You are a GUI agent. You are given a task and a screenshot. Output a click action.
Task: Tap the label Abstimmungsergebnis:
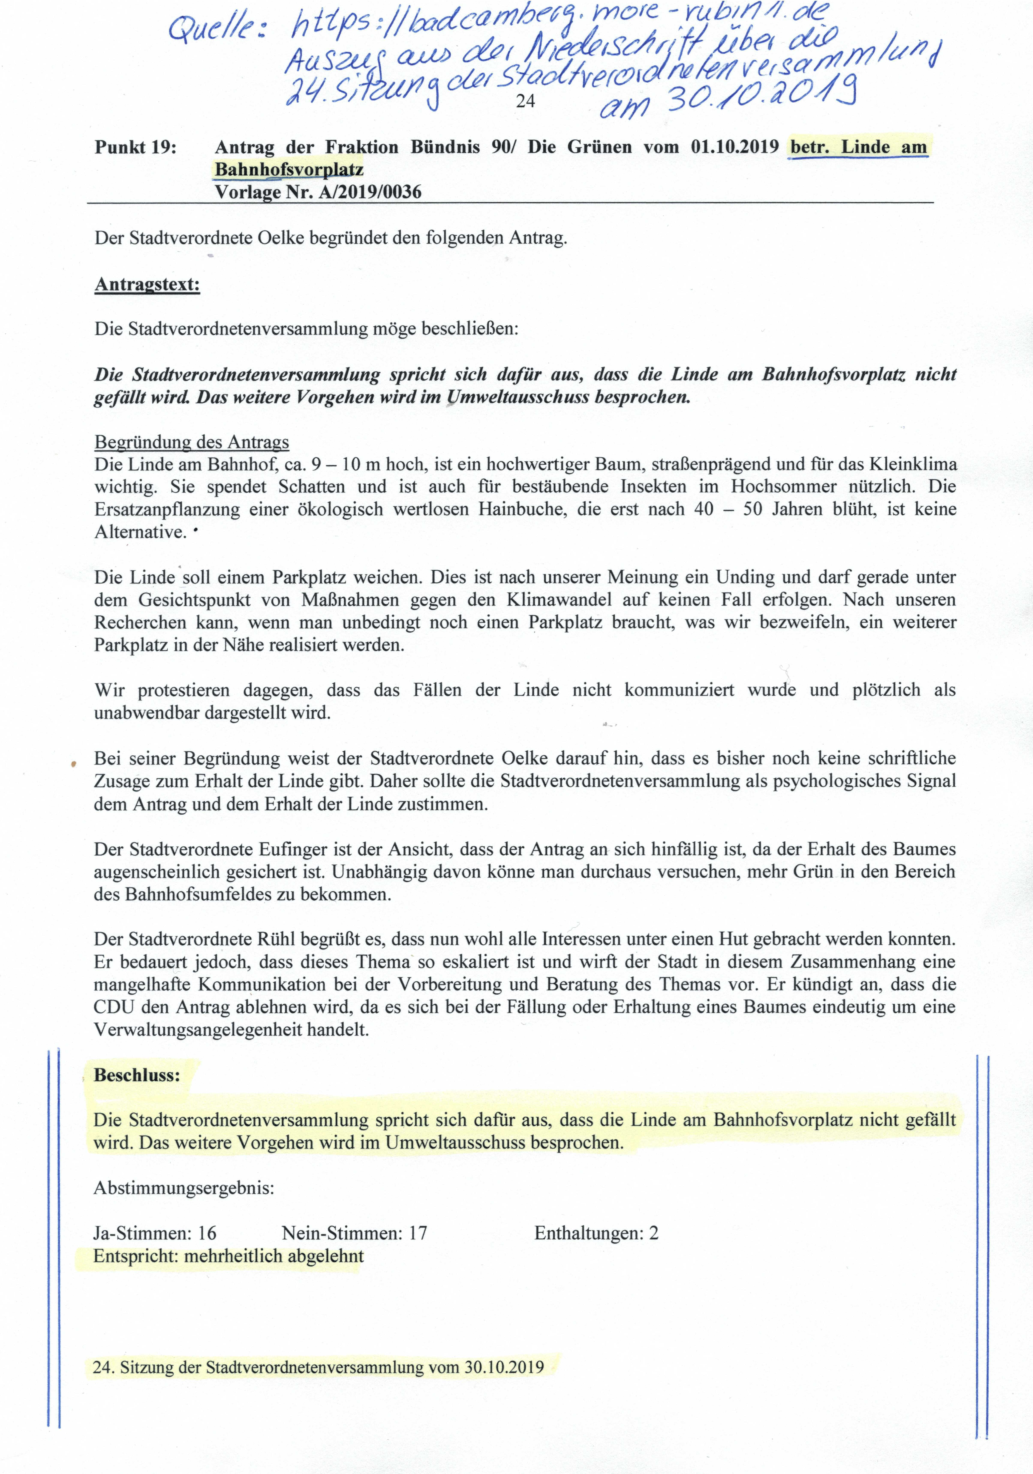click(x=183, y=1188)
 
